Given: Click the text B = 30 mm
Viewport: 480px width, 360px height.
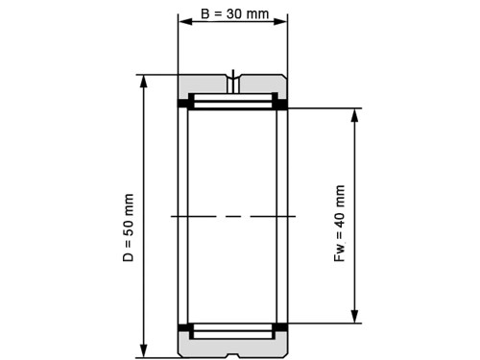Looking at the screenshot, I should tap(233, 16).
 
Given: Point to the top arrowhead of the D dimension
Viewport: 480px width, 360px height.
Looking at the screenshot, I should tap(145, 81).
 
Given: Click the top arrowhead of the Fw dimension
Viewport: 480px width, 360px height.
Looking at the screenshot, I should tap(356, 115).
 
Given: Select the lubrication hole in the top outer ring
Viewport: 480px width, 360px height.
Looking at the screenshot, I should tap(233, 76).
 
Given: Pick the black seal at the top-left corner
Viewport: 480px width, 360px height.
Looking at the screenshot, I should tap(182, 103).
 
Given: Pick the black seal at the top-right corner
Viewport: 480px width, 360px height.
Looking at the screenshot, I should tap(283, 103).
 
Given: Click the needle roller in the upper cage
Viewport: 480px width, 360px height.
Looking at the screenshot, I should tap(233, 100).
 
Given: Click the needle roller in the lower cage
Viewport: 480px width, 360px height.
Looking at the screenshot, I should tap(233, 331).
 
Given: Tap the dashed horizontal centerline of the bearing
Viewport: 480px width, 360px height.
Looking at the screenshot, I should tap(233, 217).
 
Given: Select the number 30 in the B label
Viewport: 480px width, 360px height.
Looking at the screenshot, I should tap(239, 16).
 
